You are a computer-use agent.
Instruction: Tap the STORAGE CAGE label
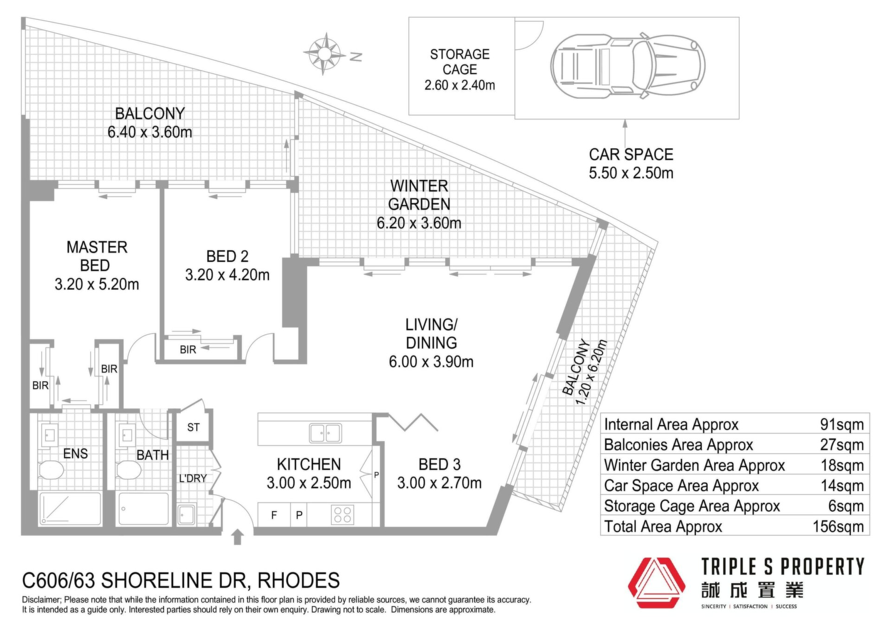460,62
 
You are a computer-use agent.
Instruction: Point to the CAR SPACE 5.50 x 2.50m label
631,163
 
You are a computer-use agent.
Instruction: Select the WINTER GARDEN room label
419,195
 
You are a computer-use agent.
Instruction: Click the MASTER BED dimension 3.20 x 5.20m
97,284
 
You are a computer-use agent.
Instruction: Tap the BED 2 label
227,256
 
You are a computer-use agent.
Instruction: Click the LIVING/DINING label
432,333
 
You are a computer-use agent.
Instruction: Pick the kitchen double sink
325,433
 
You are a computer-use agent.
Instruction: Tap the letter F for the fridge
274,515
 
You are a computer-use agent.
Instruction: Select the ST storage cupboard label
194,427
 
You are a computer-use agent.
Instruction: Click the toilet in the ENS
51,470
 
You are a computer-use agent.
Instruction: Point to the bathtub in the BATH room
144,509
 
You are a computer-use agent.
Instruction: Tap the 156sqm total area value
838,526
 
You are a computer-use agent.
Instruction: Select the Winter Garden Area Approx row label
694,465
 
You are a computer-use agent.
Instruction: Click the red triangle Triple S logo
656,583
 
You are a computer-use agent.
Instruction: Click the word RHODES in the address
298,580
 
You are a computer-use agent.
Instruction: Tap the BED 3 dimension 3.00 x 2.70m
439,483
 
